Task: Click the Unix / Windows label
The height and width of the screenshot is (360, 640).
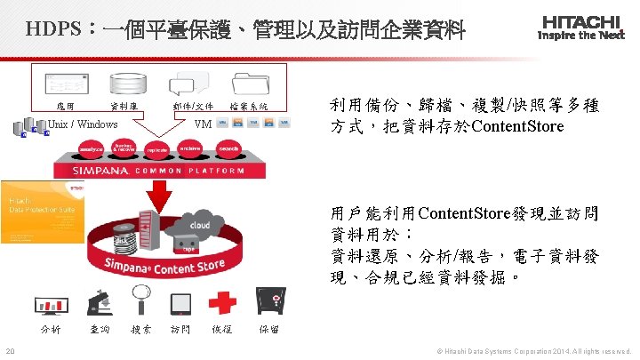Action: pos(83,124)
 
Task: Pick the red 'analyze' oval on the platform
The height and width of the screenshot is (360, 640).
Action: pos(92,148)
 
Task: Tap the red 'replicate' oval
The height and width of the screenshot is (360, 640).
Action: pos(157,150)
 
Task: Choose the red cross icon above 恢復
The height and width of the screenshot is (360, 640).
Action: pos(221,301)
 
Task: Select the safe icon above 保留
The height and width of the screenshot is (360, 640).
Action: pos(268,301)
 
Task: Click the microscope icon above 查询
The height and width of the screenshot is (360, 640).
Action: pos(97,302)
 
